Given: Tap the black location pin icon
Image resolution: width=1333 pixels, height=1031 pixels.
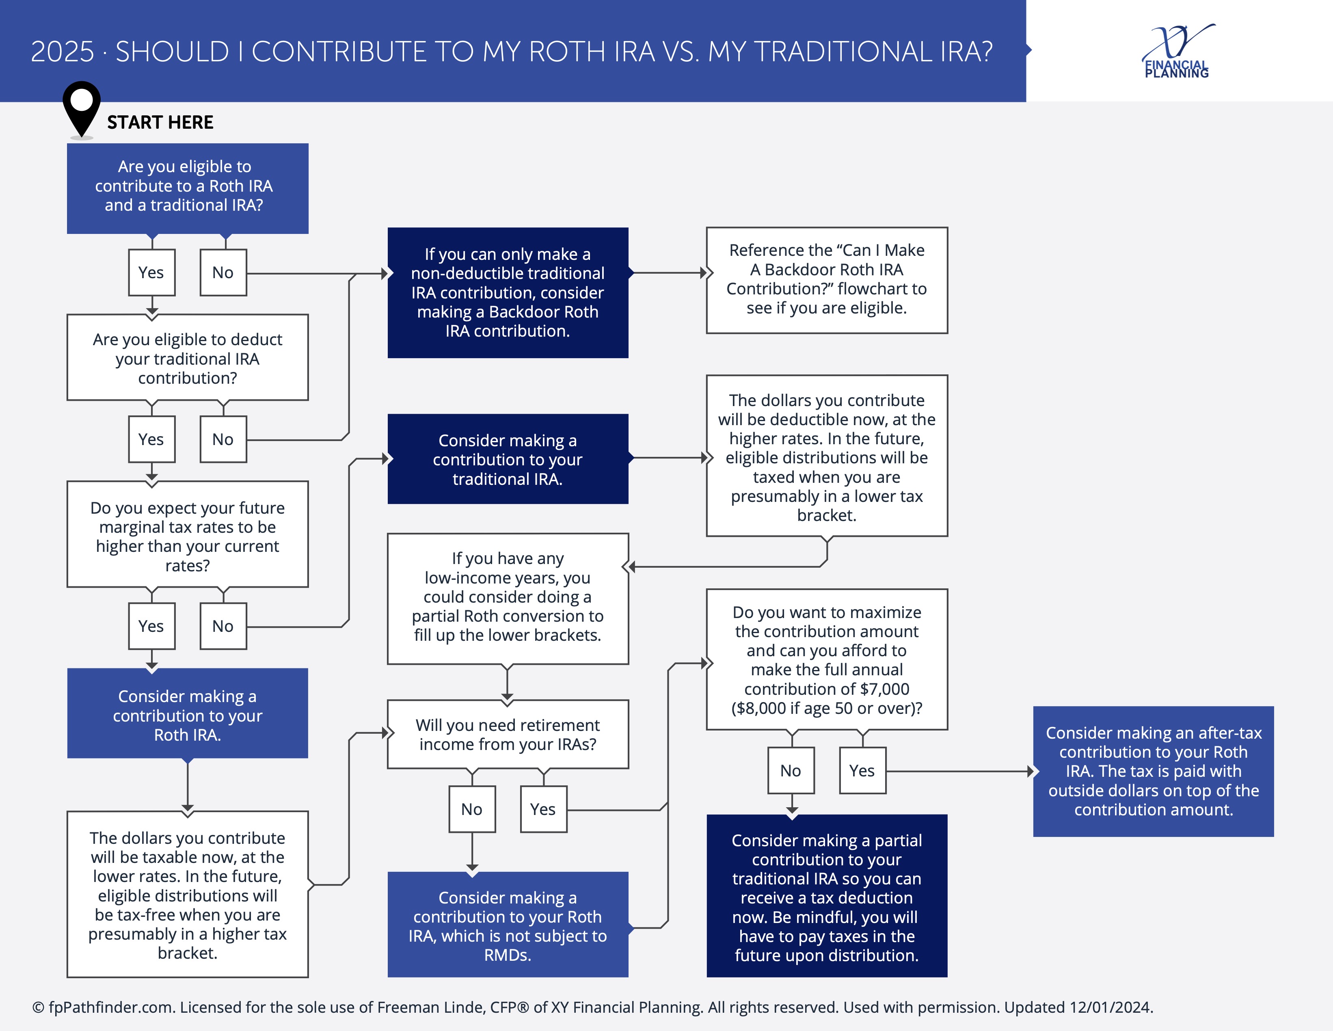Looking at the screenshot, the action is [x=82, y=109].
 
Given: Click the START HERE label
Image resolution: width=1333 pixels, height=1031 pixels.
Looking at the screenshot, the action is [x=160, y=122].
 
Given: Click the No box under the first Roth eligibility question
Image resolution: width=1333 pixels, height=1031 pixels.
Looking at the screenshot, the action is [x=223, y=272].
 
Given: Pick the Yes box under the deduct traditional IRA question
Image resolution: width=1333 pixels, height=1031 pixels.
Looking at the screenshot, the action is [x=152, y=439].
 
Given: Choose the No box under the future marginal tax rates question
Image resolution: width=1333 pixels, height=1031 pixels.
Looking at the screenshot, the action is [x=223, y=626].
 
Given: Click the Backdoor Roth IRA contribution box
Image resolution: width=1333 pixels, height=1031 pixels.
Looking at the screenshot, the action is [x=508, y=292].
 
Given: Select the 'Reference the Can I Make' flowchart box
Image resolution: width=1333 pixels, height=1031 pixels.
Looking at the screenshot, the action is [x=827, y=280].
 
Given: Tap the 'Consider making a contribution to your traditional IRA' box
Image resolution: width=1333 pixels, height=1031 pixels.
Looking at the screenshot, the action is [x=508, y=459].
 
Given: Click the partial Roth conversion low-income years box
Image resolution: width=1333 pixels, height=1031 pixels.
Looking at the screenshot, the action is [x=508, y=598].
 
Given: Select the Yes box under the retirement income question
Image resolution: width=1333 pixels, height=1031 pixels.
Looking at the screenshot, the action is [x=544, y=809].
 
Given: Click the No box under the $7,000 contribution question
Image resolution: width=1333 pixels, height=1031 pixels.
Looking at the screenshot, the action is [x=791, y=770].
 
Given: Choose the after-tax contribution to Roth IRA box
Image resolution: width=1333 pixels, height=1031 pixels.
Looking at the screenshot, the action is [x=1154, y=771].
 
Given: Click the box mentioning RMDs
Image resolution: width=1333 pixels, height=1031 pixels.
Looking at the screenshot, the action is [x=508, y=924].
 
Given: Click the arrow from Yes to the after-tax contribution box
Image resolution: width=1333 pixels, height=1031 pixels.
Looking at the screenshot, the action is [x=959, y=772].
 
